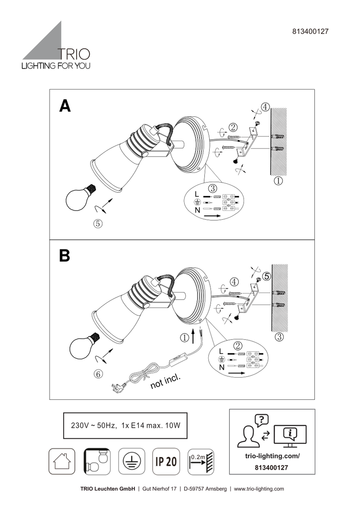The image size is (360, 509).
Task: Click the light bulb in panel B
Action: click(x=82, y=348)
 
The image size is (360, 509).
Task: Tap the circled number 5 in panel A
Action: click(x=98, y=224)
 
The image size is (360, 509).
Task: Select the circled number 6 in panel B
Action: click(x=98, y=374)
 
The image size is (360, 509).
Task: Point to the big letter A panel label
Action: click(x=65, y=106)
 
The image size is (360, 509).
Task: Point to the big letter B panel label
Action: click(x=64, y=256)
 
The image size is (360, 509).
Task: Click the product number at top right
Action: click(x=310, y=31)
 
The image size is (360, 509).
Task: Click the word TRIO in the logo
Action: click(x=74, y=54)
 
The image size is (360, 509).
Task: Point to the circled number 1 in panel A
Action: click(x=278, y=181)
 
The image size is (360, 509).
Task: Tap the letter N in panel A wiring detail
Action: click(x=197, y=210)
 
